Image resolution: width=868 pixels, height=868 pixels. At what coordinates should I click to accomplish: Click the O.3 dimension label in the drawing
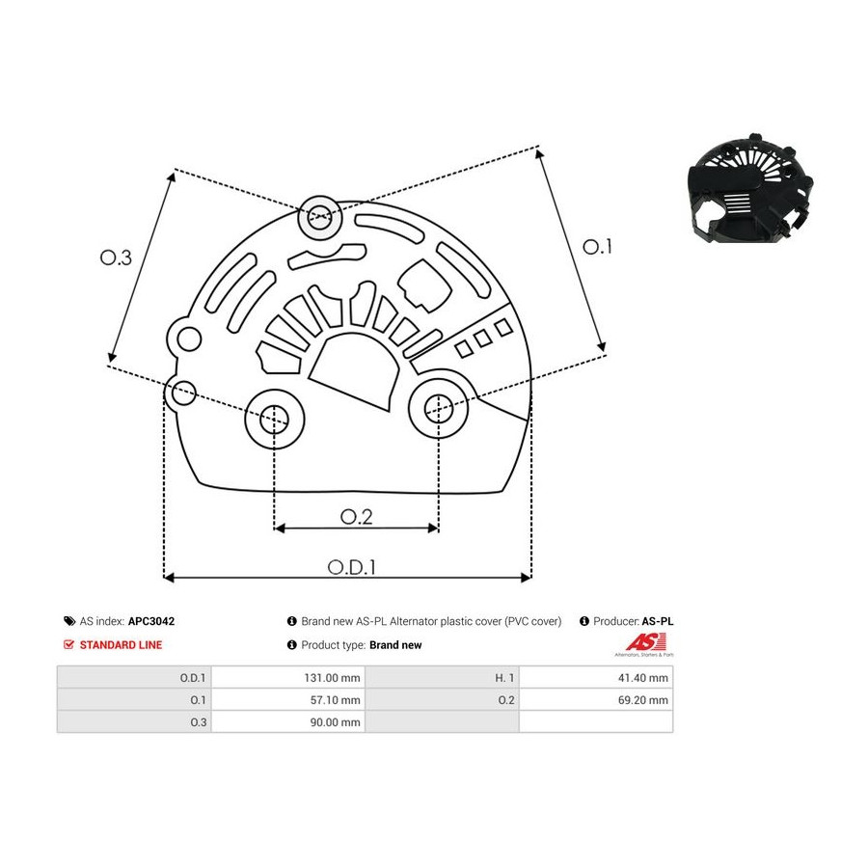tap(116, 258)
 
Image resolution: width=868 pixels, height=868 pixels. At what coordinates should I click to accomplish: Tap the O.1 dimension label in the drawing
tap(597, 247)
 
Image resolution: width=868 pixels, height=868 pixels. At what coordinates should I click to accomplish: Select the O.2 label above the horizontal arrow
tap(356, 517)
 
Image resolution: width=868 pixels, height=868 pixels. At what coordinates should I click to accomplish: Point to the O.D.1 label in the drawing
tap(351, 567)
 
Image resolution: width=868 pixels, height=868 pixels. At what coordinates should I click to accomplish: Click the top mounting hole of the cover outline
tap(320, 218)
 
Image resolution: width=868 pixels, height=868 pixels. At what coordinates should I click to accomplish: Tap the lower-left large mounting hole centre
tap(275, 420)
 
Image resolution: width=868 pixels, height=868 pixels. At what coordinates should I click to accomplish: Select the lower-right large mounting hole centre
tap(439, 408)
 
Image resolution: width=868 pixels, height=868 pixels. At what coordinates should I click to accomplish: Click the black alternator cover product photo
tap(750, 189)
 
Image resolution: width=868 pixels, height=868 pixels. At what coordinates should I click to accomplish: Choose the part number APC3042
tap(151, 621)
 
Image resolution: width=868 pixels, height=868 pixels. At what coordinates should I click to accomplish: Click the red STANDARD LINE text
tap(121, 645)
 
